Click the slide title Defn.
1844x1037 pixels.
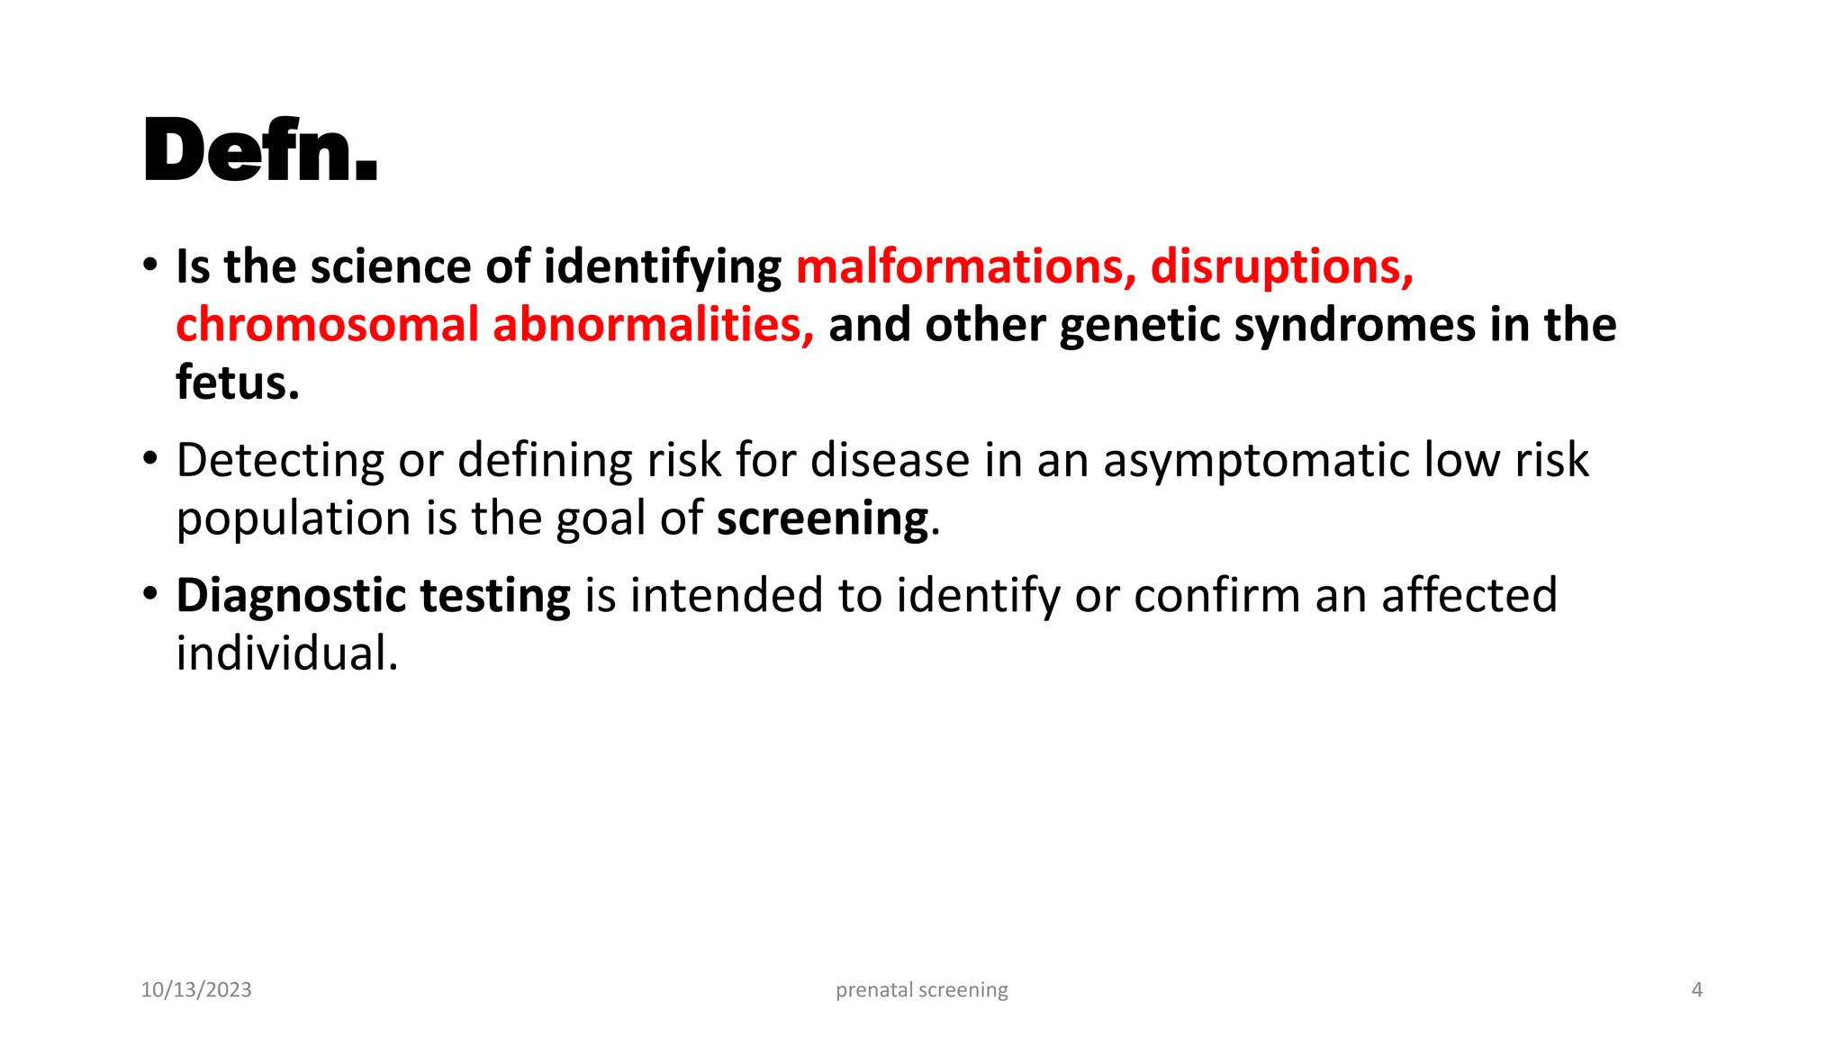pyautogui.click(x=260, y=150)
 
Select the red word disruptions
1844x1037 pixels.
pyautogui.click(x=1281, y=267)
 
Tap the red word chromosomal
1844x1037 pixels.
pyautogui.click(x=327, y=325)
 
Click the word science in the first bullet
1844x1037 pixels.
pyautogui.click(x=391, y=267)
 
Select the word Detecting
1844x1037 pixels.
pyautogui.click(x=280, y=461)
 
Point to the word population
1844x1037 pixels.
pyautogui.click(x=294, y=519)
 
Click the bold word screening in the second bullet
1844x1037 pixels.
pyautogui.click(x=822, y=519)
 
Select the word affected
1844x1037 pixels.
pyautogui.click(x=1469, y=596)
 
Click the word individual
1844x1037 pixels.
pyautogui.click(x=286, y=654)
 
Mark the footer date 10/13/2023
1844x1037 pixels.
pyautogui.click(x=196, y=990)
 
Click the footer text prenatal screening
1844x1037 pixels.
pyautogui.click(x=922, y=990)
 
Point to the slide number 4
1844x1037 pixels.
pyautogui.click(x=1697, y=990)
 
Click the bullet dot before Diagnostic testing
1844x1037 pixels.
pyautogui.click(x=150, y=594)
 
